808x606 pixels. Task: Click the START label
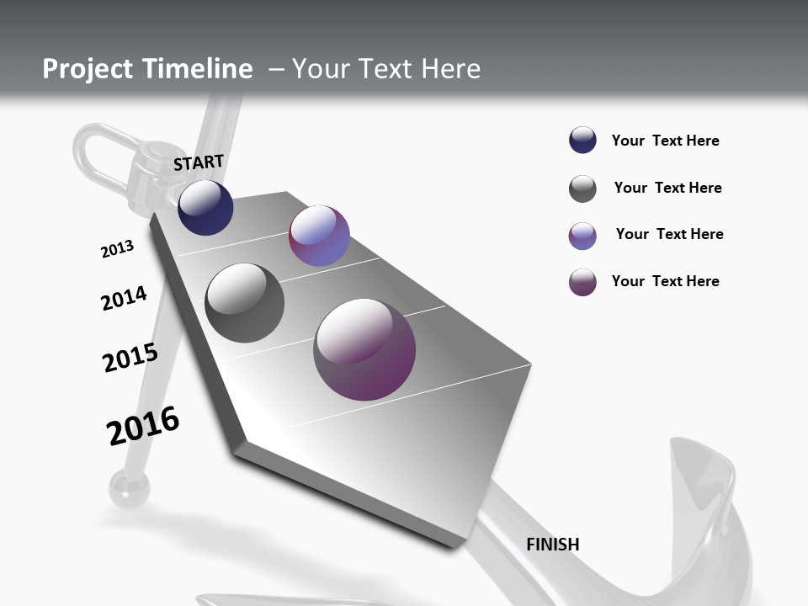click(199, 162)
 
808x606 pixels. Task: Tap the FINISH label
click(553, 545)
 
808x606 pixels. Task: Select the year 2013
click(117, 249)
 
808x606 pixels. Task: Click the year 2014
click(124, 299)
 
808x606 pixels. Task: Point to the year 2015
click(130, 358)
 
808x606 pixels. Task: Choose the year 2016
click(143, 426)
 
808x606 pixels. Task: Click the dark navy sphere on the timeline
click(205, 208)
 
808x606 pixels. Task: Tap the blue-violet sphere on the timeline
click(319, 236)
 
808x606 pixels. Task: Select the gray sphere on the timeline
click(244, 303)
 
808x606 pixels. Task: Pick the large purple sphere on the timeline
click(364, 349)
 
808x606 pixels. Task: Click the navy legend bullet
click(582, 141)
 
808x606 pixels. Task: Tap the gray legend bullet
click(582, 189)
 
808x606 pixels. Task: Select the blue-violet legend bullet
click(582, 236)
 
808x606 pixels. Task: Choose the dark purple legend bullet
click(582, 282)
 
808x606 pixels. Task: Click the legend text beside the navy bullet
click(665, 141)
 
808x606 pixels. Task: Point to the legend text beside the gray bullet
click(667, 188)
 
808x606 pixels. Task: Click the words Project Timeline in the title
click(147, 69)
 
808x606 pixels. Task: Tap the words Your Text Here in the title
click(385, 69)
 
